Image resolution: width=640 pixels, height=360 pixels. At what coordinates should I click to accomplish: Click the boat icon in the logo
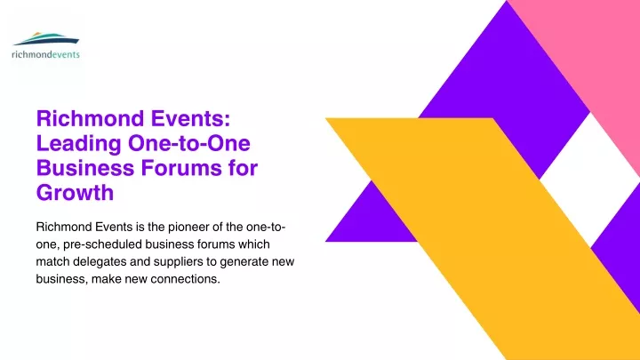coord(45,39)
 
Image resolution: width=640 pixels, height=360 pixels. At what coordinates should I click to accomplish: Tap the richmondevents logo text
coord(45,54)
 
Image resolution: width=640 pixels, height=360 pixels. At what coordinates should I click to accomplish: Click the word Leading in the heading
coord(79,144)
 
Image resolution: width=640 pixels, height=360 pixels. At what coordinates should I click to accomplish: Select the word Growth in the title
coord(75,192)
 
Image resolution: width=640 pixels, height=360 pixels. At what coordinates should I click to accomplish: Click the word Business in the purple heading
coord(85,168)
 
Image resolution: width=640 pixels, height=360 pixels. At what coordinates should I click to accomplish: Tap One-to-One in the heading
coord(189,143)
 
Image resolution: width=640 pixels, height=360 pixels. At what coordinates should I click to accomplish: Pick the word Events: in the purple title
coord(191,119)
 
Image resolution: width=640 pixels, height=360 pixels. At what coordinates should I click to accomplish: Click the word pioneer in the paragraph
coord(190,228)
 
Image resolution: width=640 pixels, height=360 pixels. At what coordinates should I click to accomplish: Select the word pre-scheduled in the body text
coord(102,244)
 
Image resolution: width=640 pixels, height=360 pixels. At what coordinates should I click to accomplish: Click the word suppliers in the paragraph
coord(179,262)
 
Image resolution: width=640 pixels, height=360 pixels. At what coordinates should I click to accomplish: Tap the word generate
coord(243,262)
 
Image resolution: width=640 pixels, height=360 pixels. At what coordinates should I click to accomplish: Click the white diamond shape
coord(590,180)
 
